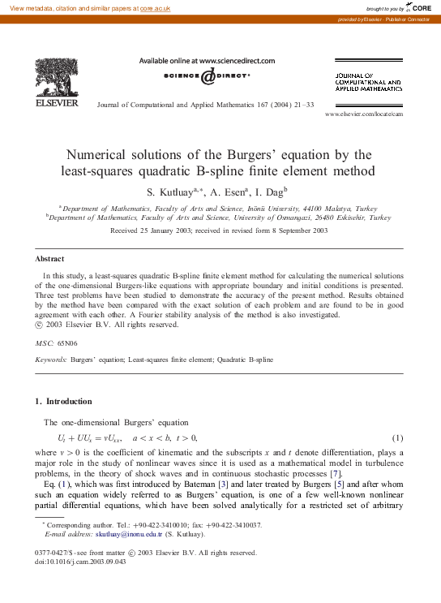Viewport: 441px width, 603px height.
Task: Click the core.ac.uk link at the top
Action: pos(156,7)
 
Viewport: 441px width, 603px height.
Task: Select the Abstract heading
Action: pos(49,259)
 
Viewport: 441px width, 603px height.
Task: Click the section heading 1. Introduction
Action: pos(64,401)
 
